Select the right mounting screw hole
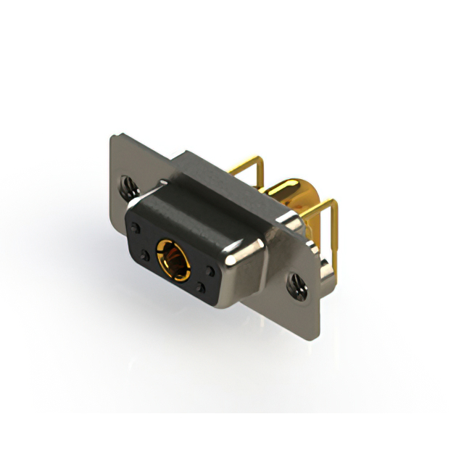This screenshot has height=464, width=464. click(x=296, y=284)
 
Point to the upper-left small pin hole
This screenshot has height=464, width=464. click(x=136, y=229)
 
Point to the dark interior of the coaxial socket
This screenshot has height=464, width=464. click(x=172, y=258)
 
